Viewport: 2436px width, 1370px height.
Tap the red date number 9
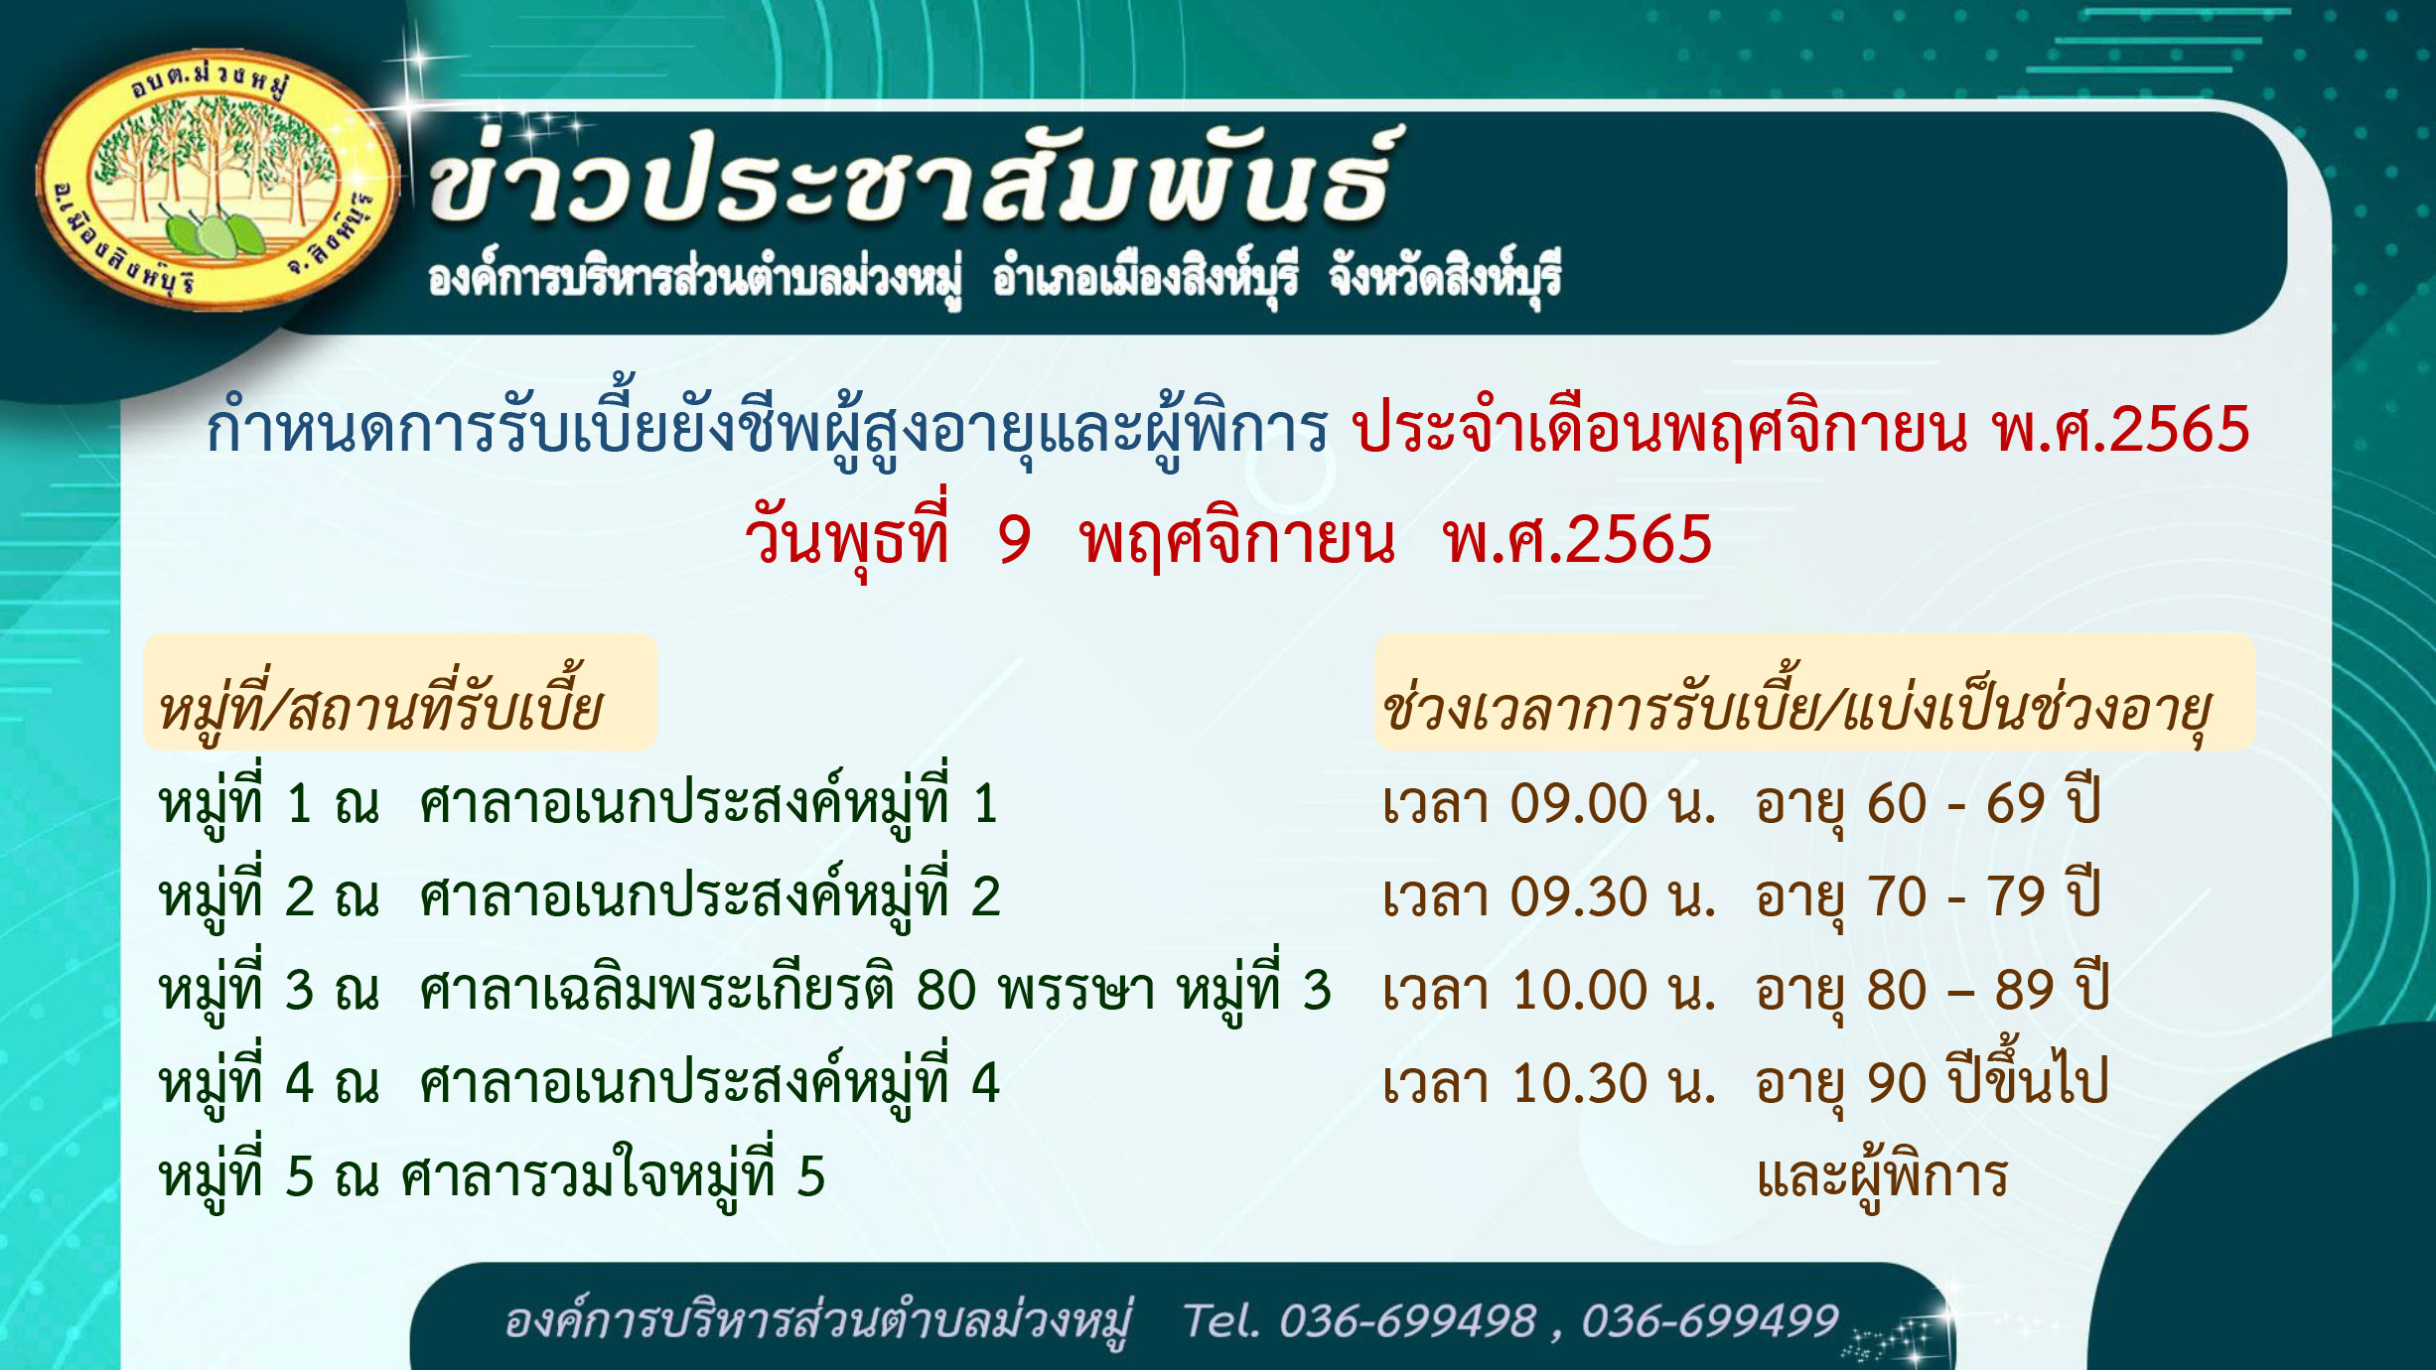click(x=1014, y=540)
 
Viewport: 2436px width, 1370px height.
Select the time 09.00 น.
click(x=1613, y=804)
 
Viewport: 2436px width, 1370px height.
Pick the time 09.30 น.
click(x=1613, y=897)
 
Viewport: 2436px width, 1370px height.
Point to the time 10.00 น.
click(x=1613, y=991)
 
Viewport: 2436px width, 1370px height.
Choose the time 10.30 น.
click(x=1613, y=1083)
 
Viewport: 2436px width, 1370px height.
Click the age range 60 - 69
click(x=1955, y=804)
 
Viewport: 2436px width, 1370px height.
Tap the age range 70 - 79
click(x=1955, y=897)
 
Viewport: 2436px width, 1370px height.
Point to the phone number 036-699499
click(x=1709, y=1321)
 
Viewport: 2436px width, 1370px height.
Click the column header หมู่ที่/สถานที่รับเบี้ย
click(x=380, y=705)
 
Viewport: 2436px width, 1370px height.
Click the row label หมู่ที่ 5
click(x=236, y=1173)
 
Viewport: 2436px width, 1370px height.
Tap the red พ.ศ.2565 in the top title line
click(x=2120, y=431)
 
